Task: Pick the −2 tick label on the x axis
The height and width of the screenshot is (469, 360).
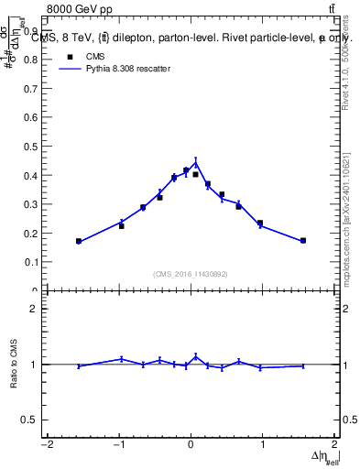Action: [46, 445]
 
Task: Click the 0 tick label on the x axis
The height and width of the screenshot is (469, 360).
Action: [191, 445]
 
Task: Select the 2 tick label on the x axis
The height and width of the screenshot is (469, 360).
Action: [335, 445]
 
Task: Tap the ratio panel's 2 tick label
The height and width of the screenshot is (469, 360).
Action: [33, 309]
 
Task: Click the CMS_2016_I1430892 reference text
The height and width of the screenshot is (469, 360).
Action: [191, 274]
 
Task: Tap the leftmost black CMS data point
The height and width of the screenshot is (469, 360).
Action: [79, 241]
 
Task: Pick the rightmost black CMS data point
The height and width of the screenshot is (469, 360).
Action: [303, 240]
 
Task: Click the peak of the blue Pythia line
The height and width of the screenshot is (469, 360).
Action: [195, 163]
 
